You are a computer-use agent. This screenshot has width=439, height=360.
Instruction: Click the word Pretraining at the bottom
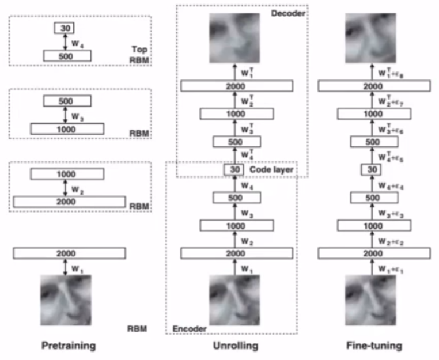pos(69,346)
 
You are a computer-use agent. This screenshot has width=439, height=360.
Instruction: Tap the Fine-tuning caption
pos(374,346)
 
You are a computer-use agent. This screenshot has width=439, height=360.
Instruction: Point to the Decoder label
pos(291,12)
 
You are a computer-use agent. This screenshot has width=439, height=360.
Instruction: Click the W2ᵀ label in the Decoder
pos(247,100)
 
